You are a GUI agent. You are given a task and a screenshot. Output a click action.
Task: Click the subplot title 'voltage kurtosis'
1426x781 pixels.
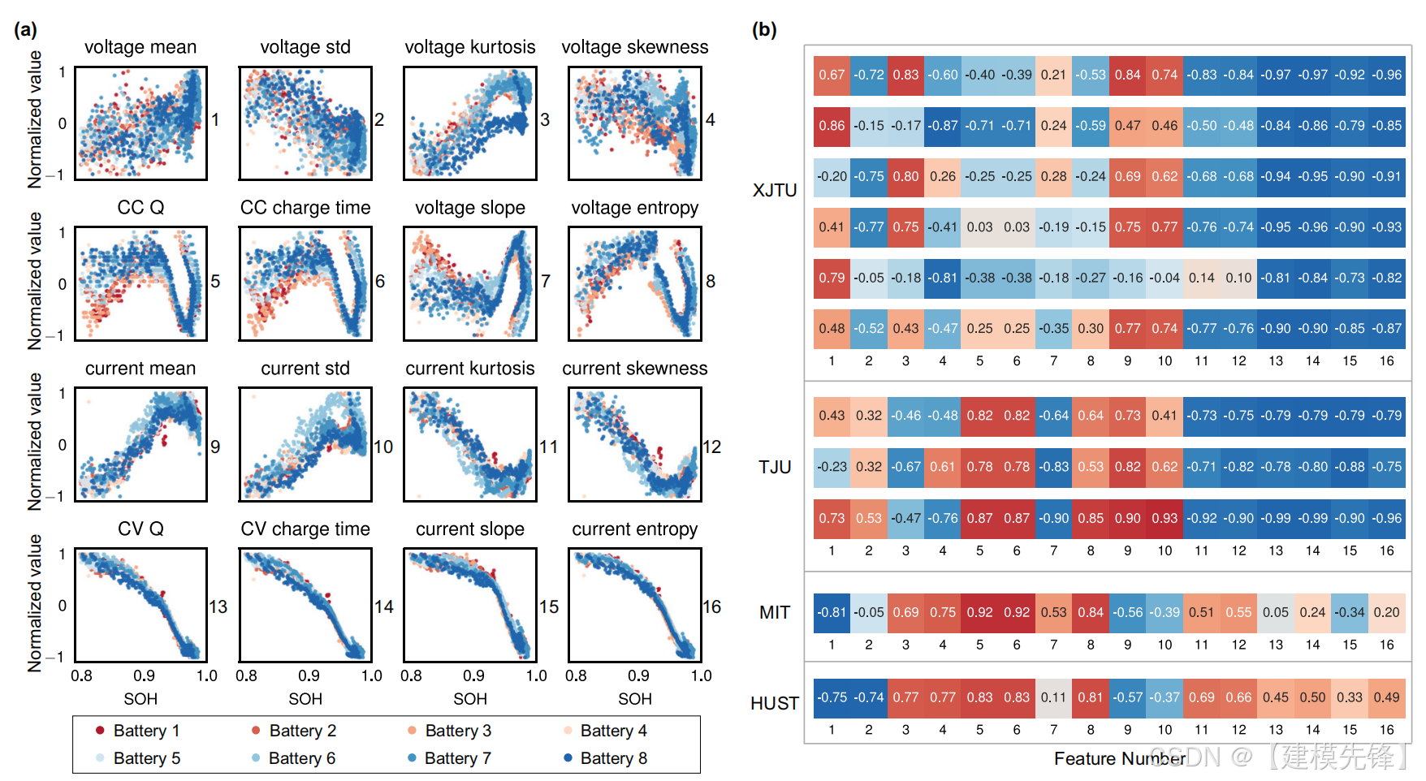tap(469, 47)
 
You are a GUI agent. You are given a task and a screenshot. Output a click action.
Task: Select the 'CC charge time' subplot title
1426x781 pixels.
tap(305, 208)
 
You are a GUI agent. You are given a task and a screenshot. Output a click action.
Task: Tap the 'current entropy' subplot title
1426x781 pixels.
tap(634, 529)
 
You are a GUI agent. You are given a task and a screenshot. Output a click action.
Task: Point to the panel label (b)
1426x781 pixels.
tap(764, 30)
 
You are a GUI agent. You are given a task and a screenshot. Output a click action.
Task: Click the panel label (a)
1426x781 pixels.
tap(25, 30)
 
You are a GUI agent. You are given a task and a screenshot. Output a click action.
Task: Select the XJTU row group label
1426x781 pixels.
tap(775, 190)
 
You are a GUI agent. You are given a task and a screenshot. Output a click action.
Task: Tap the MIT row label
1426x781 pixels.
tap(775, 612)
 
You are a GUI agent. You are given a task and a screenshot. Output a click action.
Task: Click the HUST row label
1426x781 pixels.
tap(775, 703)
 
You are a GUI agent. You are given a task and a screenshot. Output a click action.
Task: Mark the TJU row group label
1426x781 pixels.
tap(775, 467)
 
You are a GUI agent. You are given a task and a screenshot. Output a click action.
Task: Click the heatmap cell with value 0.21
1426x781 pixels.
tap(1053, 75)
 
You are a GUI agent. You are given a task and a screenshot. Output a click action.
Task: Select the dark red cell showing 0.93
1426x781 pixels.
tap(1165, 518)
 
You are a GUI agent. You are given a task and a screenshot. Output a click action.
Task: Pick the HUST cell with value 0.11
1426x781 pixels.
tap(1053, 697)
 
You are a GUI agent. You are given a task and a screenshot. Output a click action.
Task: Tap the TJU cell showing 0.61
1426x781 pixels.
tap(942, 467)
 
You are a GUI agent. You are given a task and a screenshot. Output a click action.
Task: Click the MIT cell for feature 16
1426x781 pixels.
tap(1386, 612)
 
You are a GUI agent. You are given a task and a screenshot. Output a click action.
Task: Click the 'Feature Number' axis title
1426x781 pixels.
tap(1119, 758)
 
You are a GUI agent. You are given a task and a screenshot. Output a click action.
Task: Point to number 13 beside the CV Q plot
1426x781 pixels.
tap(218, 606)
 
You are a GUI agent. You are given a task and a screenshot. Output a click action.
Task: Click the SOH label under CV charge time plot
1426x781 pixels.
tap(305, 699)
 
